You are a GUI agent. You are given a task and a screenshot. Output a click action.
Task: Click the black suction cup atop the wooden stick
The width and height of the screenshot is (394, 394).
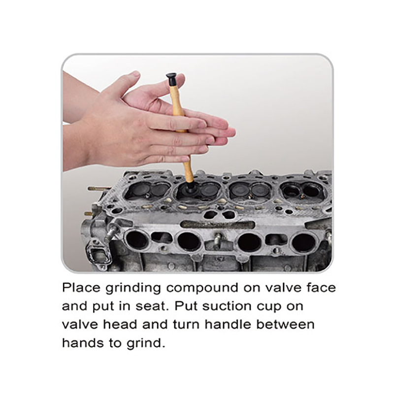[171, 79]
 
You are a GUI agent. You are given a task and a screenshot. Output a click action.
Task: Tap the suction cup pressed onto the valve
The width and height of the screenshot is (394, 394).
[189, 189]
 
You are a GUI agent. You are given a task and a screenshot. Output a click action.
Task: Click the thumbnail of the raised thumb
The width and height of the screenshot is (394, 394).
[135, 73]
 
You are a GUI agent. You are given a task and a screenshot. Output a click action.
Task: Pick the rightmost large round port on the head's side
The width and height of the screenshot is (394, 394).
[303, 243]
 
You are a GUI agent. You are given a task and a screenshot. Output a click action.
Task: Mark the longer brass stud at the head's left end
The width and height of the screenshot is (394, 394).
[99, 188]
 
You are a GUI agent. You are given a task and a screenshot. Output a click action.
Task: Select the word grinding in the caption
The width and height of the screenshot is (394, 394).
[133, 289]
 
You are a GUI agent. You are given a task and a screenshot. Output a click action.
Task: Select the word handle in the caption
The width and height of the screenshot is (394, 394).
[228, 324]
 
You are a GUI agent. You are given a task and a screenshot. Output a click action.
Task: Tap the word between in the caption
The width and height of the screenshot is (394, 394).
[286, 324]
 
